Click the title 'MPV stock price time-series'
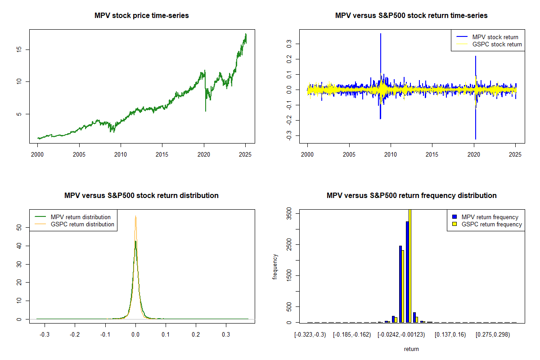point(142,16)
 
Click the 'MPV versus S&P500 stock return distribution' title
point(142,196)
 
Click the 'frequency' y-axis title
point(275,266)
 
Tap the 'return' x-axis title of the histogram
point(411,349)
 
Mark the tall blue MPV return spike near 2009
point(381,54)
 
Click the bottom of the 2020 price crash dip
point(206,111)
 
